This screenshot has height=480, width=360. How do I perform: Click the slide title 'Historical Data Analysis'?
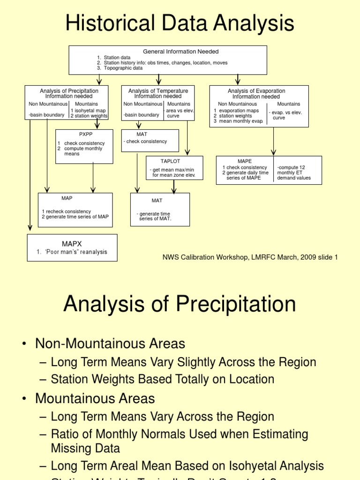coord(180,23)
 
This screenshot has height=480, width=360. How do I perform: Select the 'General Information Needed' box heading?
coord(180,52)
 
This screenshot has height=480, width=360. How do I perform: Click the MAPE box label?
coord(245,161)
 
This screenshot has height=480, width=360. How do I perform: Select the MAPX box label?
coord(72,244)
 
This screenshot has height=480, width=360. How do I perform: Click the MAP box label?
coord(67,198)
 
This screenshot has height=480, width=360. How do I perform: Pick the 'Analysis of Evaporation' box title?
coord(256,91)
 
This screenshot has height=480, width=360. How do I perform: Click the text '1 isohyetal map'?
coord(88,111)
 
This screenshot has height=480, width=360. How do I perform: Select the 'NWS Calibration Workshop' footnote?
coord(250,257)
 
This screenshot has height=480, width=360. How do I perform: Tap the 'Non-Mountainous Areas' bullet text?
coord(110,344)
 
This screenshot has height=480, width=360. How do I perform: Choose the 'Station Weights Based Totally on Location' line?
coord(162,379)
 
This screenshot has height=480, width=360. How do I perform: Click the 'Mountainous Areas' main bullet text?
coord(95,398)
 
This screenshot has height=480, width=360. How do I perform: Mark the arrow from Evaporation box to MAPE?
coord(273,142)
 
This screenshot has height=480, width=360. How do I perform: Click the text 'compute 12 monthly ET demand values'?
coord(294,172)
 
